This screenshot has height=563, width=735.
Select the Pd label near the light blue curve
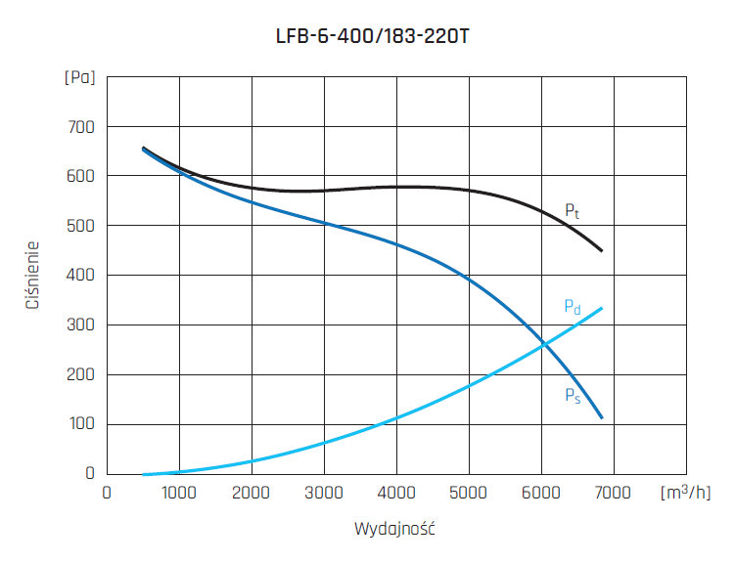pos(573,307)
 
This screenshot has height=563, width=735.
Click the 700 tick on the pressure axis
pos(81,127)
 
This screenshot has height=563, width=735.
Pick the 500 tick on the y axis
pos(81,226)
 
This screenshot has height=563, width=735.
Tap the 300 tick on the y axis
pos(81,325)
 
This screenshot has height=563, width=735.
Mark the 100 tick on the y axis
pos(81,424)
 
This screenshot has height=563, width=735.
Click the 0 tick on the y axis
pos(89,474)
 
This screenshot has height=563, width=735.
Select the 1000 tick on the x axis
pos(179,493)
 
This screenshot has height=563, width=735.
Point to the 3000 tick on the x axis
pos(324,493)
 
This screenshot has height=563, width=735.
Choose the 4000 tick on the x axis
pos(396,493)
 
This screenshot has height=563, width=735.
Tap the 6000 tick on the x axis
pos(541,493)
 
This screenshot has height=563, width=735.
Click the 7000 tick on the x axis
pos(614,493)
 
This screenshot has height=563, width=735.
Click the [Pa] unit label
pos(80,77)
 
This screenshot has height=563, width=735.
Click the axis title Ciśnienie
pos(33,276)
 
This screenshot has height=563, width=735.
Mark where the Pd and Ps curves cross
pos(544,344)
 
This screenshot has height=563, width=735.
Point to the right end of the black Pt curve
pos(602,251)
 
